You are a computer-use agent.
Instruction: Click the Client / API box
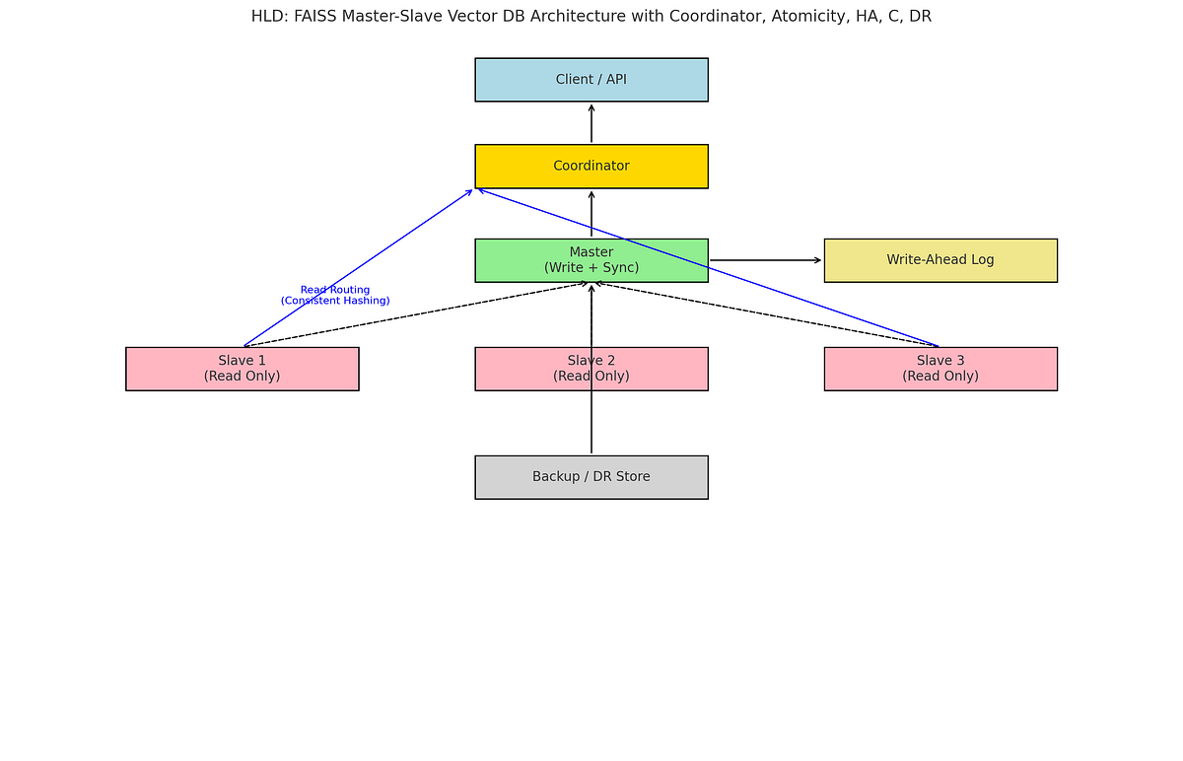coord(591,80)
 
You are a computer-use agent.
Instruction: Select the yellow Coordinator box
coord(591,167)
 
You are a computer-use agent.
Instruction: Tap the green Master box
coord(591,260)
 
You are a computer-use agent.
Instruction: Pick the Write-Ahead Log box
coord(940,260)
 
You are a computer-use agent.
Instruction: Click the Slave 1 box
coord(243,369)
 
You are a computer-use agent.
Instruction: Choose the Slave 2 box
coord(591,369)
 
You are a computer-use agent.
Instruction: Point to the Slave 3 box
coord(940,369)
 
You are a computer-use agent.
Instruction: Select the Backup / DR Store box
coord(591,477)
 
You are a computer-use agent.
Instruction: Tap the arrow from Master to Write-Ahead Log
coord(765,260)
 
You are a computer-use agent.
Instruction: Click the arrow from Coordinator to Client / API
coord(591,123)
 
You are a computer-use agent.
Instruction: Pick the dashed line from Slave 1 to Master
coord(414,314)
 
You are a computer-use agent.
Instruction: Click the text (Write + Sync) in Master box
coord(591,268)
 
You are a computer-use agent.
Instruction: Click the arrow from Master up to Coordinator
coord(591,214)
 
